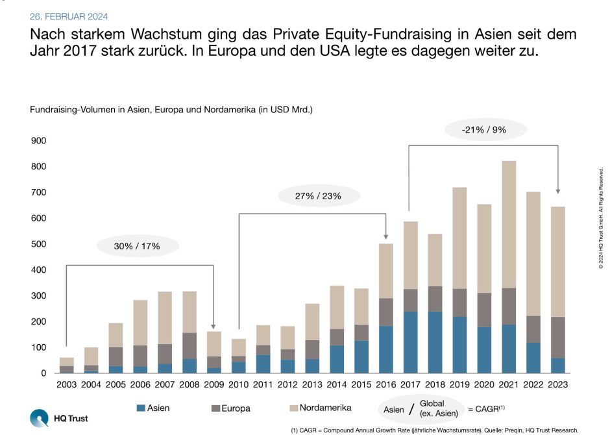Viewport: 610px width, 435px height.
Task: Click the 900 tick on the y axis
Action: tap(39, 141)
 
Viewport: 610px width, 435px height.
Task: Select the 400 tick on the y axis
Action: tap(39, 270)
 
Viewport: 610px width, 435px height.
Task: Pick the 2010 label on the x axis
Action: tap(239, 384)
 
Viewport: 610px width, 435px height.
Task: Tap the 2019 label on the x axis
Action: tap(459, 384)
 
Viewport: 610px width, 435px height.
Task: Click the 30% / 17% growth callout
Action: tap(137, 246)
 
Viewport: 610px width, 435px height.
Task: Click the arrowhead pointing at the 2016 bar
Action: tap(387, 236)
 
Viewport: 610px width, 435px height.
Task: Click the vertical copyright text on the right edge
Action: tap(601, 217)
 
